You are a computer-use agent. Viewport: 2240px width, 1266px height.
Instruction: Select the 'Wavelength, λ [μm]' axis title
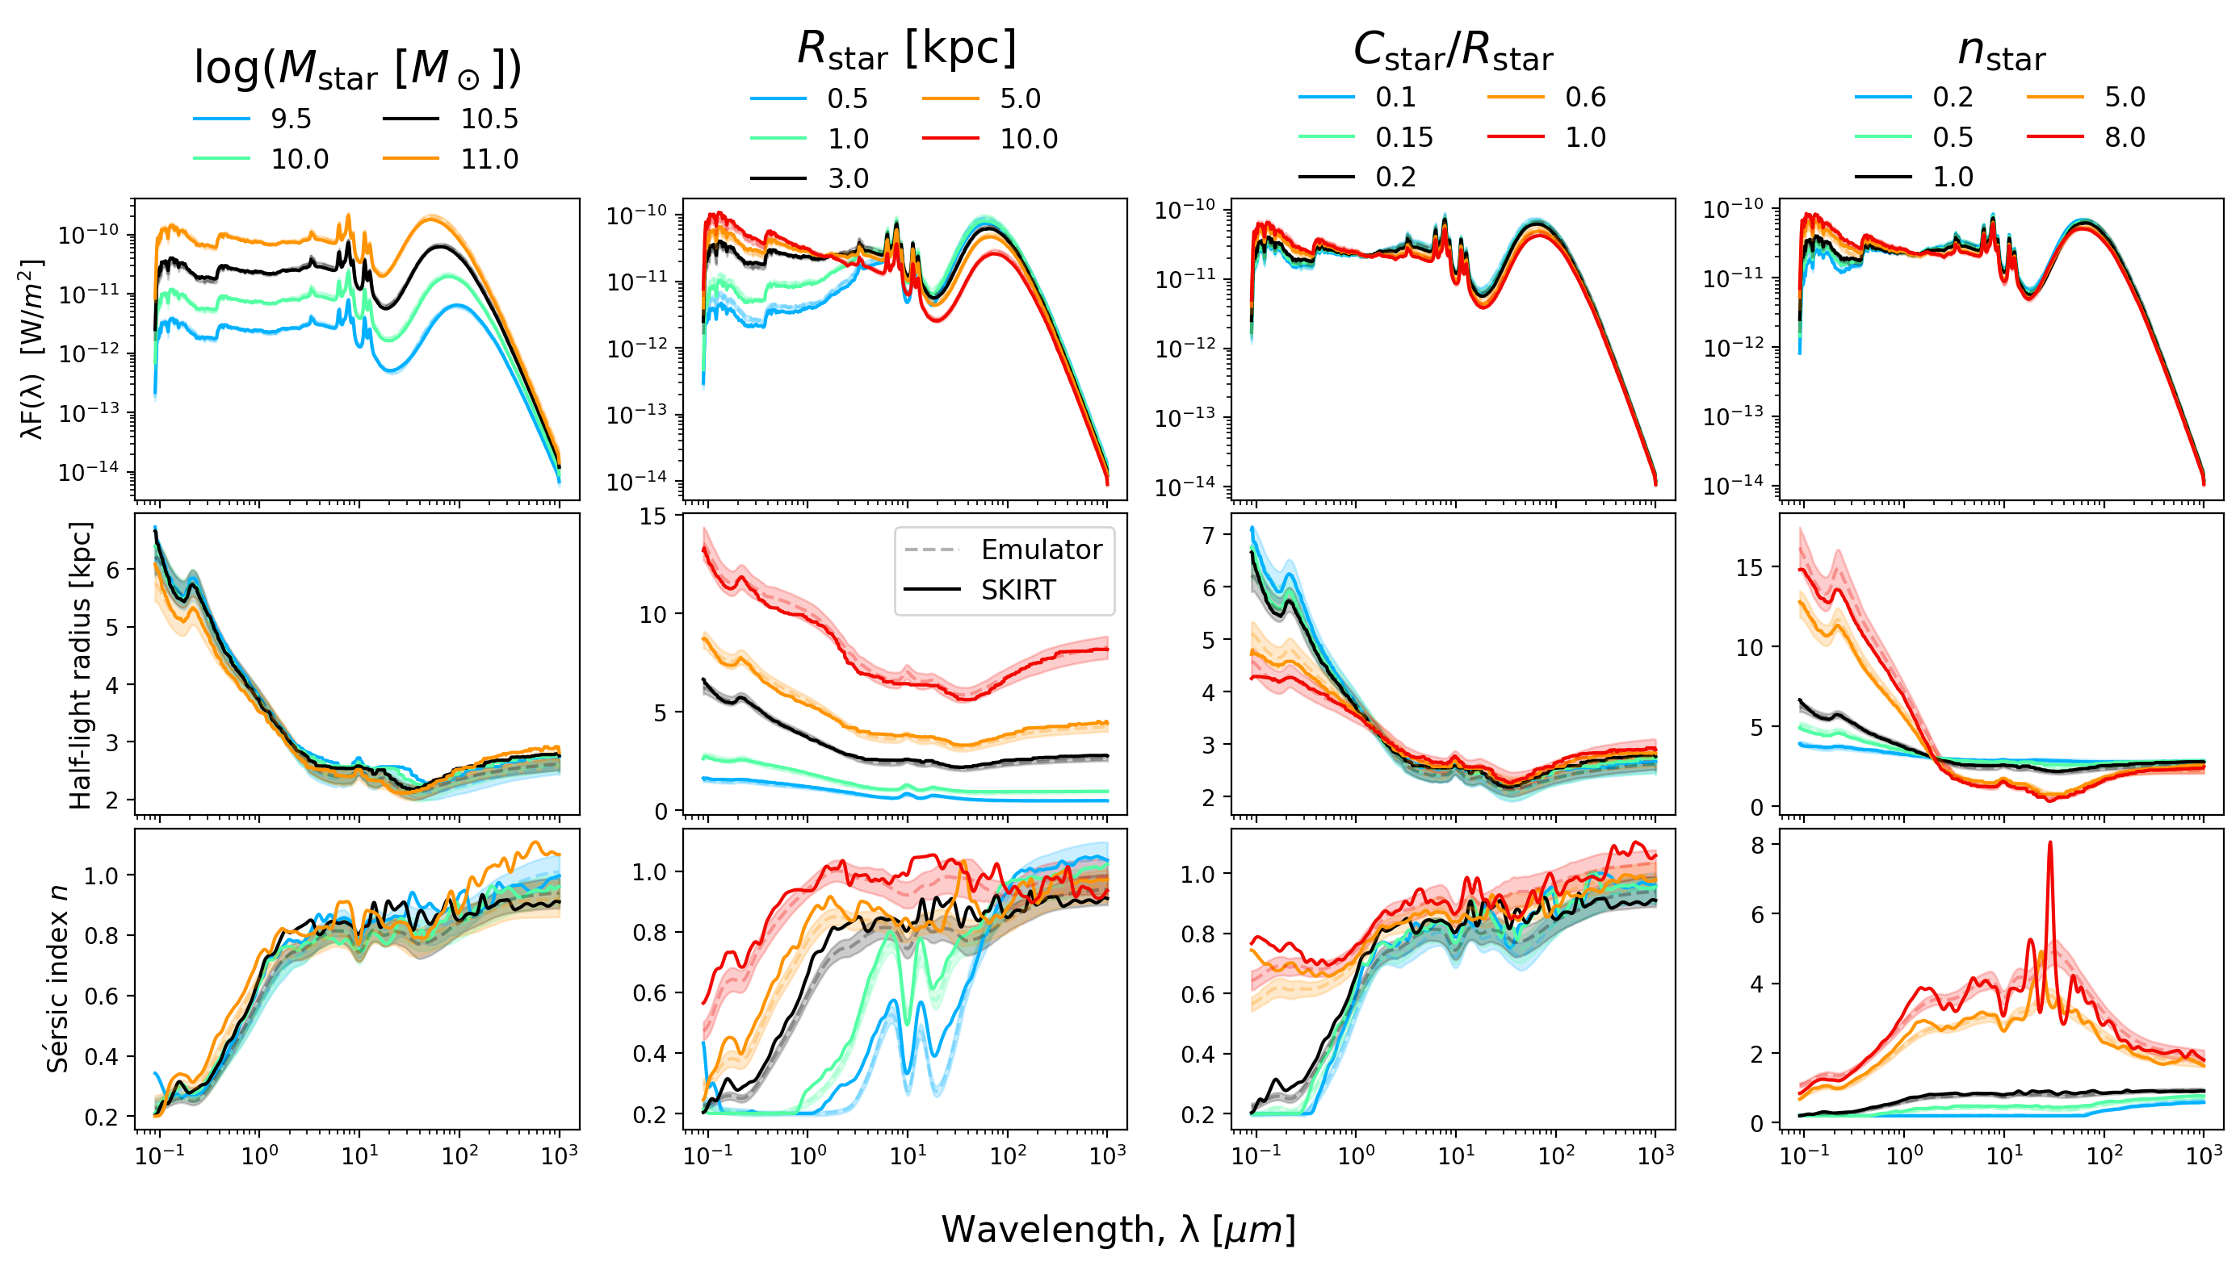(x=1118, y=1230)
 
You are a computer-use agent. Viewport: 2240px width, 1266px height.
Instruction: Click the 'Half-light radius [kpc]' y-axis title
(x=80, y=665)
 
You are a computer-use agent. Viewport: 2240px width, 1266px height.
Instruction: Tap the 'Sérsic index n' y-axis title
(x=57, y=979)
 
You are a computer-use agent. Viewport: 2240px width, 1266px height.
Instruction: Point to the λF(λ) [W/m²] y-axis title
(x=31, y=349)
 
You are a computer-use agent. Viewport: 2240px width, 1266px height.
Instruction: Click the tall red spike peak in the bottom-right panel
(x=2050, y=843)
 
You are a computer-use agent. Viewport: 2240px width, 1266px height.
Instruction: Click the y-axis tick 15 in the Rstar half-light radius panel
(x=652, y=516)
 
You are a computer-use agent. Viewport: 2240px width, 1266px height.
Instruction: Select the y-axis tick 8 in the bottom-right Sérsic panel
(x=1757, y=845)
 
